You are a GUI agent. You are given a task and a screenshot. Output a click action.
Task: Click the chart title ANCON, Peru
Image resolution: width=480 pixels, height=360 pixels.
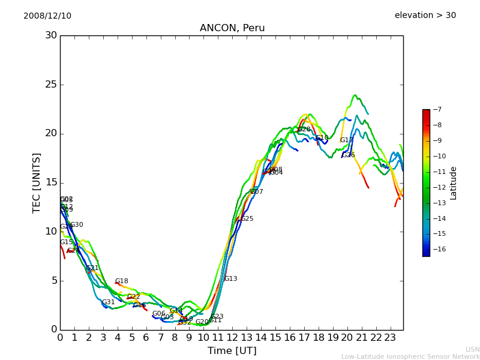pyautogui.click(x=232, y=28)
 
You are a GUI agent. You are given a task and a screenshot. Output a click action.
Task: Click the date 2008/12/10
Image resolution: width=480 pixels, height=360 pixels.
pyautogui.click(x=47, y=16)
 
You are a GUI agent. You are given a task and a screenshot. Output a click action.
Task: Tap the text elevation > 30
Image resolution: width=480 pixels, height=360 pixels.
pyautogui.click(x=425, y=16)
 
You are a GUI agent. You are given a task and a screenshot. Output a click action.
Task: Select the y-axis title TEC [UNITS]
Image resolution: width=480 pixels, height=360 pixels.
pyautogui.click(x=37, y=182)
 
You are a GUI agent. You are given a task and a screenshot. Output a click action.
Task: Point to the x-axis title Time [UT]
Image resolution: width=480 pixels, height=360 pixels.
pyautogui.click(x=232, y=350)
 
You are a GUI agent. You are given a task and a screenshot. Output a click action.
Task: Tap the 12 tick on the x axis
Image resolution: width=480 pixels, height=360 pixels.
pyautogui.click(x=232, y=338)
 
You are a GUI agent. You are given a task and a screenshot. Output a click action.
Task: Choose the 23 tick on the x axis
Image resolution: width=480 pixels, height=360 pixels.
pyautogui.click(x=390, y=338)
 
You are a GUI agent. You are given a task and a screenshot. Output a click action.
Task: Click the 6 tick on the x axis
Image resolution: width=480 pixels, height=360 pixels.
pyautogui.click(x=146, y=338)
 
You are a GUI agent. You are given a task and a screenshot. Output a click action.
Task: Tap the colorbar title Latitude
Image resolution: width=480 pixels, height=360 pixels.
pyautogui.click(x=454, y=183)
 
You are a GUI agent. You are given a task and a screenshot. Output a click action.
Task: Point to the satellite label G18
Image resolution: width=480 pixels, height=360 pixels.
pyautogui.click(x=121, y=281)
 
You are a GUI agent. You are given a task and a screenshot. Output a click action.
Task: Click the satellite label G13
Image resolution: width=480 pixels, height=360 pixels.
pyautogui.click(x=230, y=279)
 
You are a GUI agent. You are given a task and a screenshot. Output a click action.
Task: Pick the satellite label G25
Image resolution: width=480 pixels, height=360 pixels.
pyautogui.click(x=247, y=219)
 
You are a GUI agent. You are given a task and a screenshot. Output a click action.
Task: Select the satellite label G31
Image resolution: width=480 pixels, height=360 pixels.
pyautogui.click(x=108, y=302)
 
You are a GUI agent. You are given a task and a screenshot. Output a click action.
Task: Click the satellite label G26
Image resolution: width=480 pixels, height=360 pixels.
pyautogui.click(x=349, y=155)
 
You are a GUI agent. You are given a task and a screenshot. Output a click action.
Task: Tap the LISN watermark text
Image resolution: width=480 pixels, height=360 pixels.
pyautogui.click(x=472, y=349)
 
